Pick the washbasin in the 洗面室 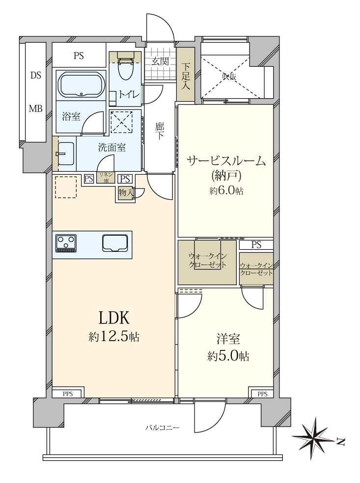tap(65, 154)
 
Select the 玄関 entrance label tap(160, 61)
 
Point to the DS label tap(35, 76)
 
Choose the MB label tap(35, 109)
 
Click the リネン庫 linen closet tap(105, 177)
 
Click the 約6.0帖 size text tap(226, 191)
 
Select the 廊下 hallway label tap(160, 131)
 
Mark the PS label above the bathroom tap(79, 56)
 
